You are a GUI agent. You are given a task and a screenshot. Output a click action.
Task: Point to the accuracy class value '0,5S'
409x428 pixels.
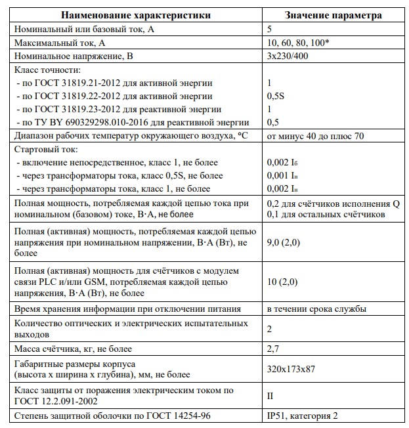(276, 96)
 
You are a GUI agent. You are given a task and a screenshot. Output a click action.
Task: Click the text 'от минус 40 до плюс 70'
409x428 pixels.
(316, 136)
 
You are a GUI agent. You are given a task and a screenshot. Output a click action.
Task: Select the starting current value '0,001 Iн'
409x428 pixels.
(280, 176)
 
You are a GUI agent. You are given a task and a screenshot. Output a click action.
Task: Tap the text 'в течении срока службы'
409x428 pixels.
(316, 309)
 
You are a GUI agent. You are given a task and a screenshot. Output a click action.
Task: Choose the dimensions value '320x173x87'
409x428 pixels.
(291, 369)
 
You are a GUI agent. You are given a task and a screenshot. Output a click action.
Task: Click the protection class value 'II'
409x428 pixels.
(270, 396)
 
